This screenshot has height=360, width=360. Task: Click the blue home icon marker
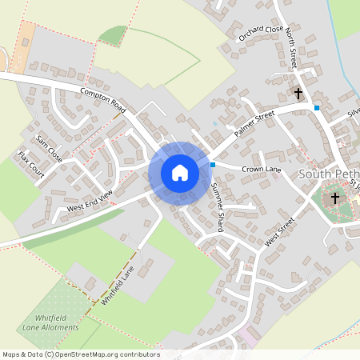[x=179, y=173]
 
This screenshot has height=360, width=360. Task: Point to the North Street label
[x=291, y=57]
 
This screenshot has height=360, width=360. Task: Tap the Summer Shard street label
[x=216, y=206]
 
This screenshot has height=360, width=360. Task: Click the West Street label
[x=281, y=230]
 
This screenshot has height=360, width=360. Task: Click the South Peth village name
[x=329, y=174]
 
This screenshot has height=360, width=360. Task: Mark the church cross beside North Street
[x=298, y=94]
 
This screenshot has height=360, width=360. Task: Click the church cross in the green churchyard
[x=335, y=197]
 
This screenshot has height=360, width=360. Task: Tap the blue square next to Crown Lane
[x=213, y=165]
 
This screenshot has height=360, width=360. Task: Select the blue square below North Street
[x=317, y=107]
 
